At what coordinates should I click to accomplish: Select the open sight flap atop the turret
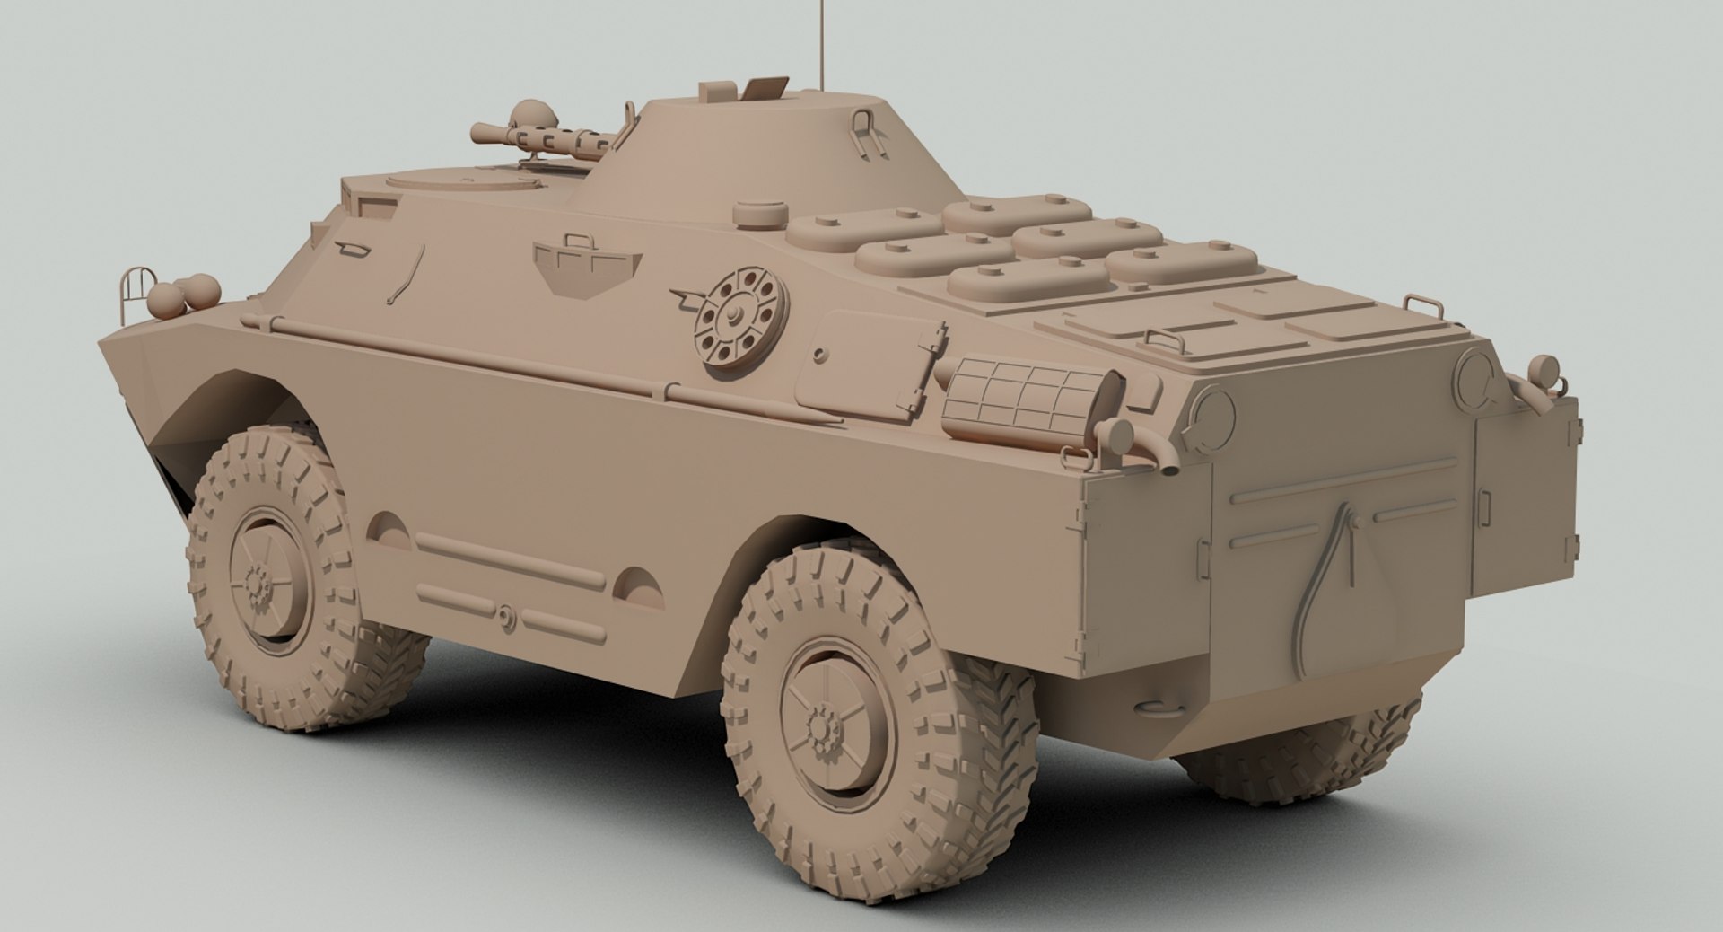click(764, 87)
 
